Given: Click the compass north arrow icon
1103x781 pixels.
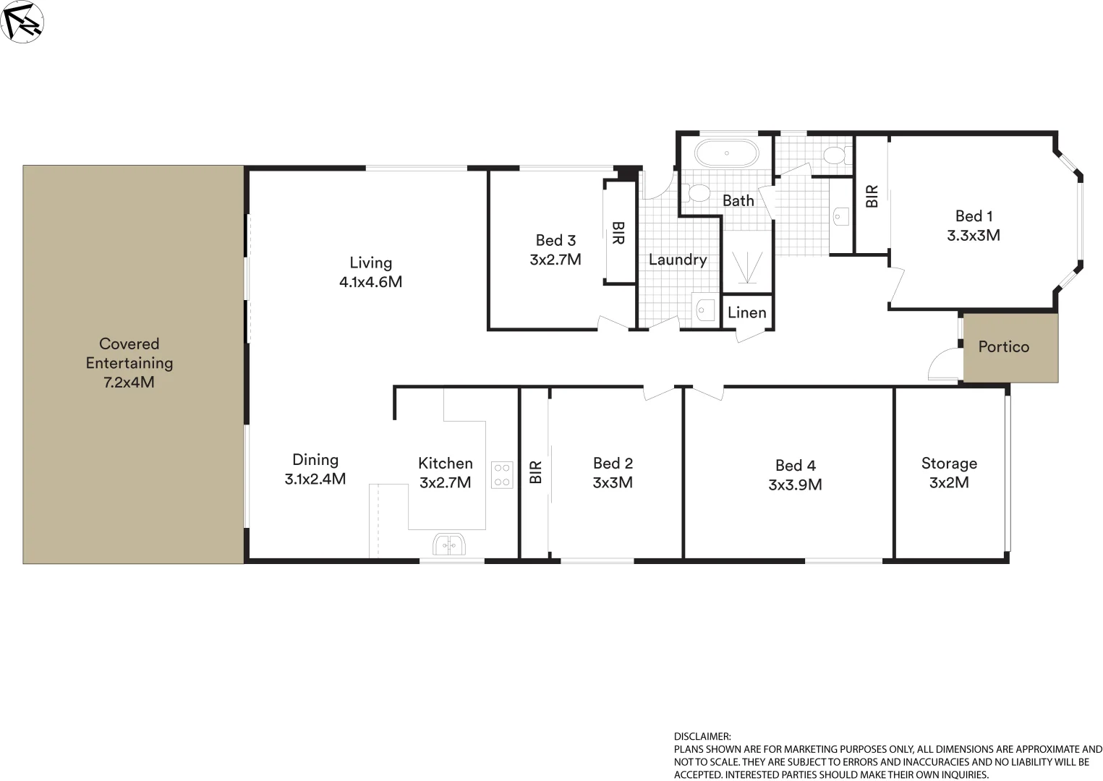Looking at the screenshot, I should [x=22, y=21].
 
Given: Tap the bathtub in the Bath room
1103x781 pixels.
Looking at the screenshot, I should [x=726, y=153].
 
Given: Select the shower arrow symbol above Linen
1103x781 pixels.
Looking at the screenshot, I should [x=746, y=267].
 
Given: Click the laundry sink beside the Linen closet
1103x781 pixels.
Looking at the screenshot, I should [x=704, y=310].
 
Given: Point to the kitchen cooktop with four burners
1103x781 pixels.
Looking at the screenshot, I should [x=502, y=475].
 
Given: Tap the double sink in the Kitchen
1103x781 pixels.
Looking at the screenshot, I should [x=449, y=544].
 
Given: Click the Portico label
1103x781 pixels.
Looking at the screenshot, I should [x=1003, y=347].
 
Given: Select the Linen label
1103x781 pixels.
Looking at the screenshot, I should [x=746, y=312].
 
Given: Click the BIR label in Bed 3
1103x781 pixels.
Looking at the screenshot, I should [x=618, y=233].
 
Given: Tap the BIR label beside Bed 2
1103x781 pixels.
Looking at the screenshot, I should [x=535, y=472].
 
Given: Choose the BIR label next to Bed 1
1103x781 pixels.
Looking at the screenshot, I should [x=872, y=196].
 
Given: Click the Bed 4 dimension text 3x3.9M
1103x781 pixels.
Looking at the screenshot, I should [x=795, y=485].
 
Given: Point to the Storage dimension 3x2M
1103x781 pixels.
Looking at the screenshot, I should [x=949, y=483].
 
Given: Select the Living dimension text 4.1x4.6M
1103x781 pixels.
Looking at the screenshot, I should [x=370, y=282].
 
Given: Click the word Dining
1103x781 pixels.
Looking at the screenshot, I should [x=315, y=460].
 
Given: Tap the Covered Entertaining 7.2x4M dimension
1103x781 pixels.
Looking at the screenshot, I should [x=129, y=383].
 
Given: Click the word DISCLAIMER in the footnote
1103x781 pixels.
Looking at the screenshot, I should [x=702, y=737].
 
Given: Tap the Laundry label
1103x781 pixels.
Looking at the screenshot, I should [x=678, y=260].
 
